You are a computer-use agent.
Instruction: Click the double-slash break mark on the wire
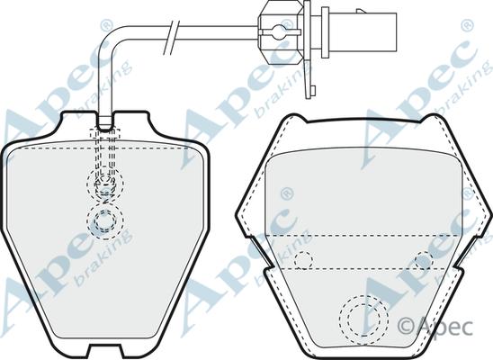pos(172,37)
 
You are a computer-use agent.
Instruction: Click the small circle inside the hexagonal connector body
pos(279,31)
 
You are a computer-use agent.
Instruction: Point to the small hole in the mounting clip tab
pos(312,91)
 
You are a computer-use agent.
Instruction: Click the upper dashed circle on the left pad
pos(105,184)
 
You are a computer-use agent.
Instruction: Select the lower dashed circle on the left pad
pos(105,220)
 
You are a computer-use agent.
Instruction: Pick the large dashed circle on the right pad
pos(363,320)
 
